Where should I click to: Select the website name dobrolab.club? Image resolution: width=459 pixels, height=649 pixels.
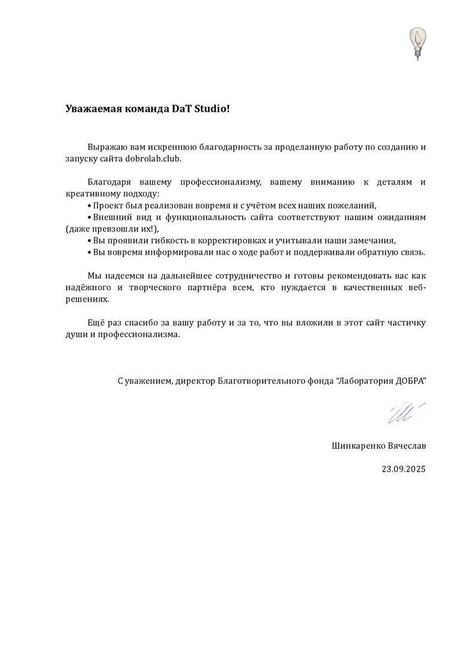tap(153, 158)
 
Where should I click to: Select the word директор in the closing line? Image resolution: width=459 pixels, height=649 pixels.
tap(192, 382)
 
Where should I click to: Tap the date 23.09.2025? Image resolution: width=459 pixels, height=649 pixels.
tap(403, 469)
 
